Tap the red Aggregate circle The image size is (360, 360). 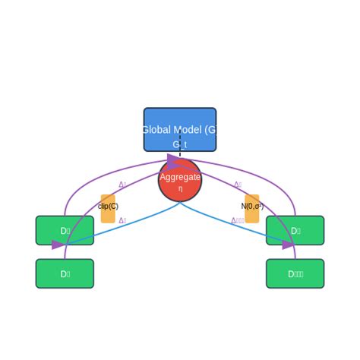pyautogui.click(x=180, y=190)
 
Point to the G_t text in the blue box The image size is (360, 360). pyautogui.click(x=180, y=144)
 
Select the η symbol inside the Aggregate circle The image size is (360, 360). pyautogui.click(x=180, y=188)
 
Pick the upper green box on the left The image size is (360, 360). pyautogui.click(x=65, y=230)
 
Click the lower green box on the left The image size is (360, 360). pyautogui.click(x=65, y=273)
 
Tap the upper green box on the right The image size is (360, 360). pyautogui.click(x=295, y=230)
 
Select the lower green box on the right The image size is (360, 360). pyautogui.click(x=295, y=273)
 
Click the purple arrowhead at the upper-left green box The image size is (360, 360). pyautogui.click(x=58, y=245)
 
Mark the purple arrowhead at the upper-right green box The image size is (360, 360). pyautogui.click(x=289, y=245)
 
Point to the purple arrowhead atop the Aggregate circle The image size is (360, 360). pyautogui.click(x=173, y=162)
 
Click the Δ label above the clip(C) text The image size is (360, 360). pyautogui.click(x=122, y=185)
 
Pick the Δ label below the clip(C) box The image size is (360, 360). pyautogui.click(x=122, y=221)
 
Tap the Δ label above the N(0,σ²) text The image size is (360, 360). pyautogui.click(x=238, y=185)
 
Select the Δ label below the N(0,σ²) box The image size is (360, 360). pyautogui.click(x=238, y=221)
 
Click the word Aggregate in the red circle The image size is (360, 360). pyautogui.click(x=180, y=177)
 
